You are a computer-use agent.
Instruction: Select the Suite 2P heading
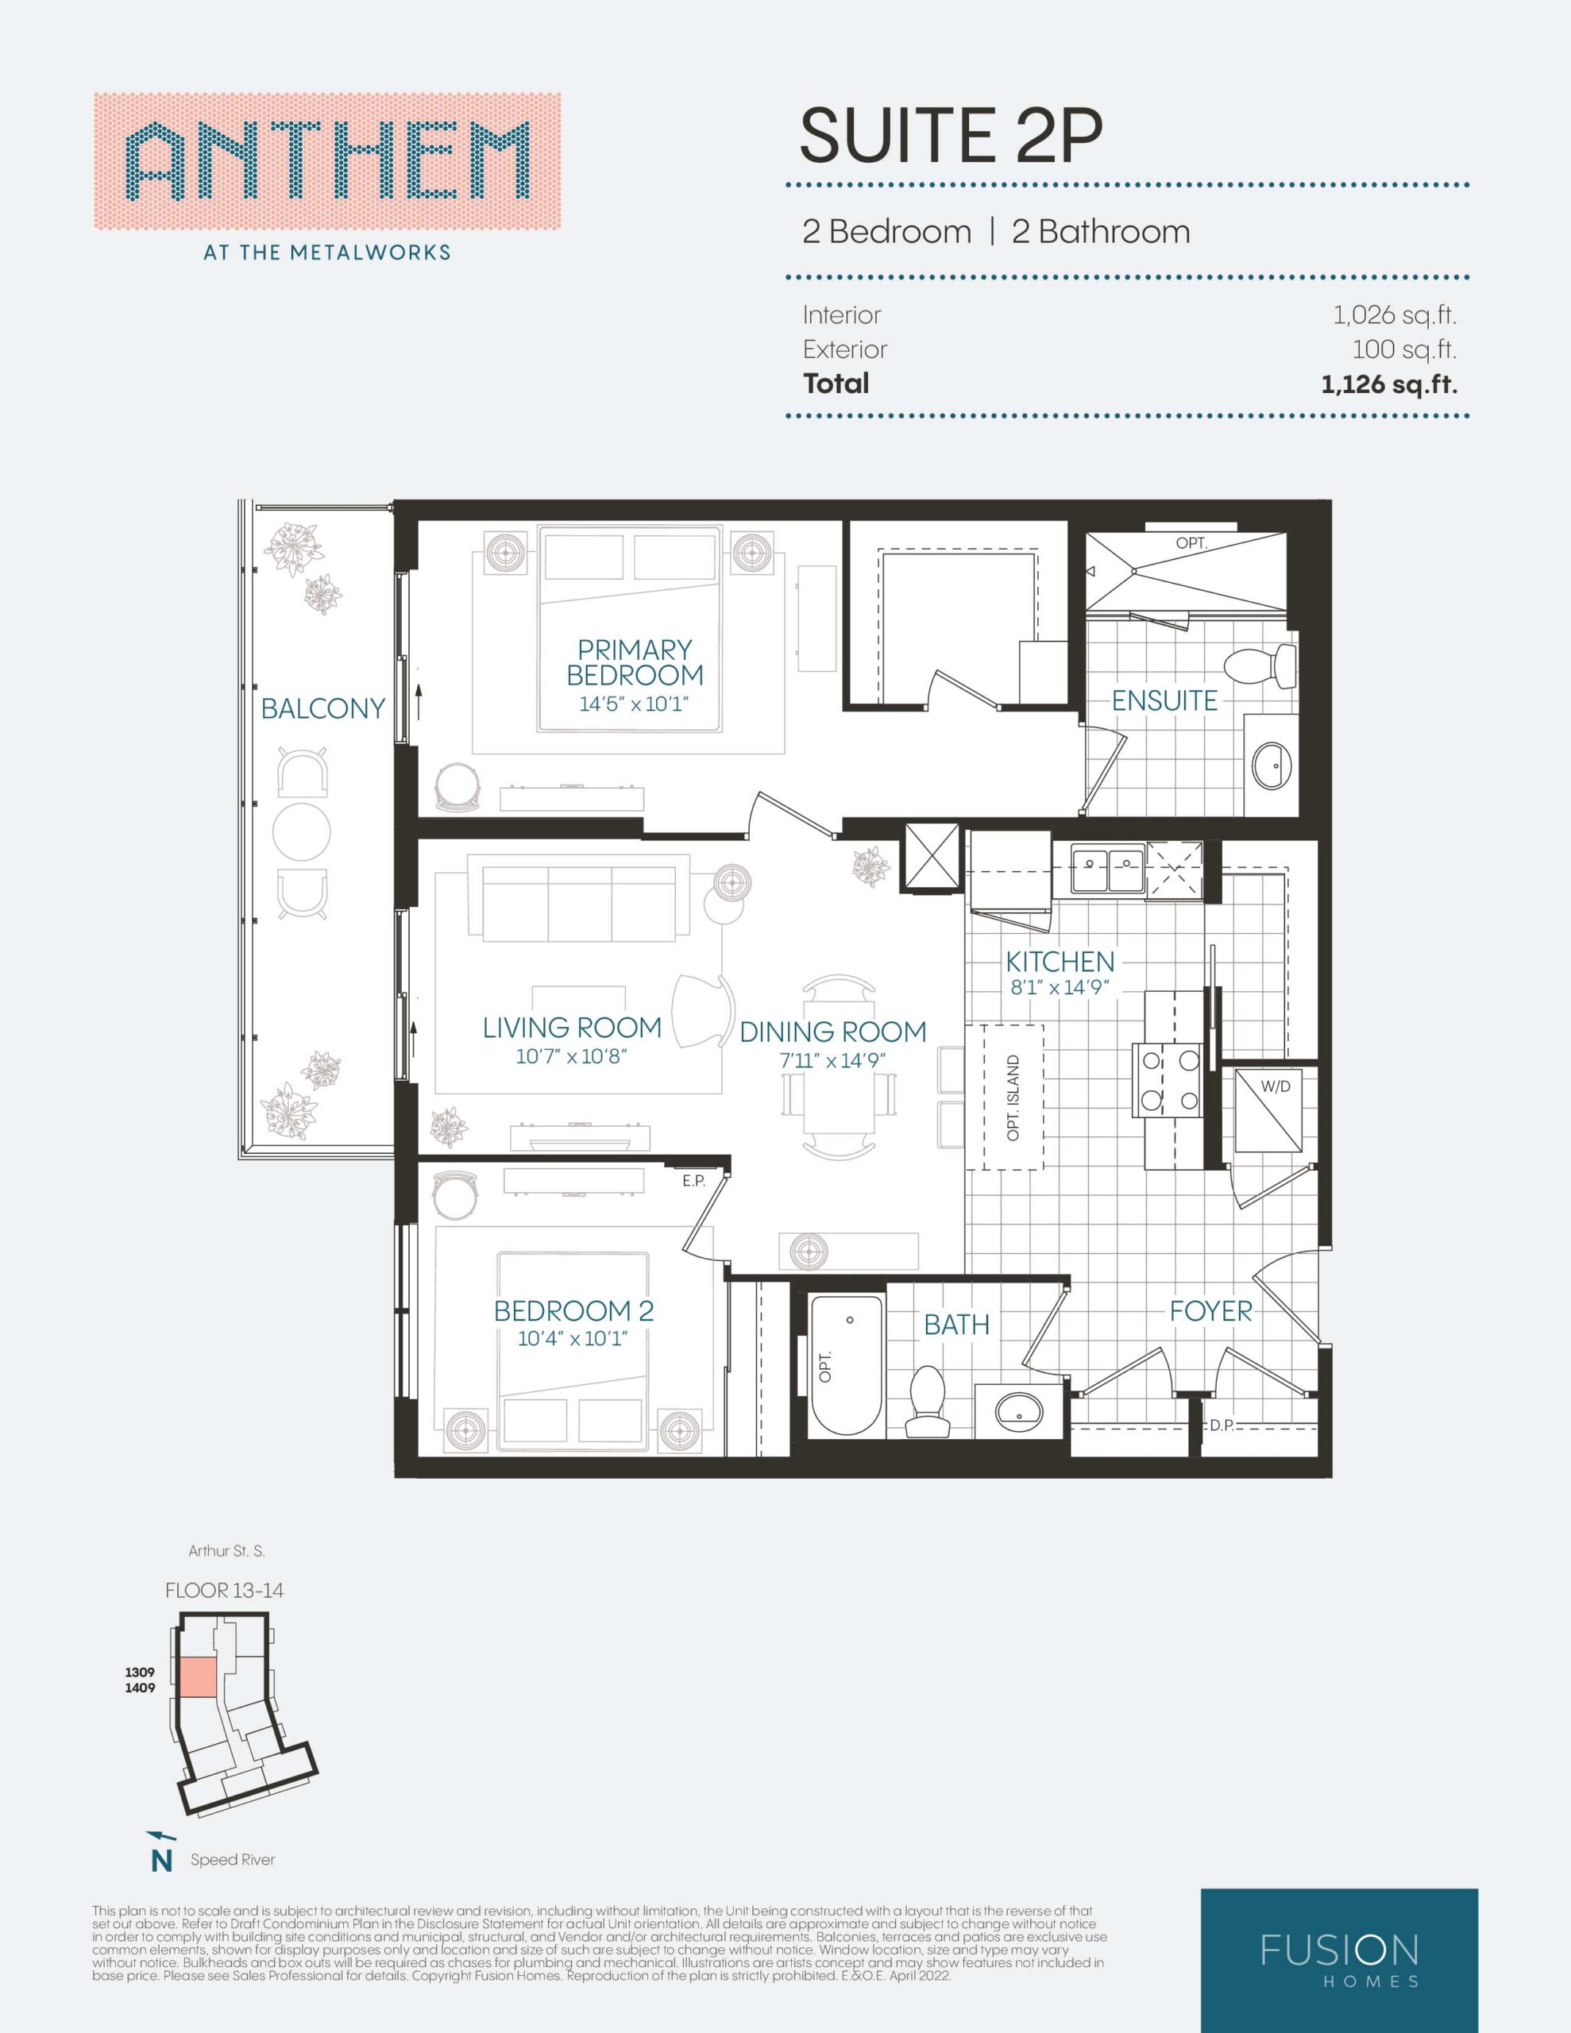click(x=951, y=136)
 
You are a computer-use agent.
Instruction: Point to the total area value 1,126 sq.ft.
click(x=1388, y=384)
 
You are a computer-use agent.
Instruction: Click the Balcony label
click(x=322, y=708)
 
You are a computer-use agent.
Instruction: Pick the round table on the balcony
click(x=302, y=831)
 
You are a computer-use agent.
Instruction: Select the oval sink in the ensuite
click(x=1271, y=767)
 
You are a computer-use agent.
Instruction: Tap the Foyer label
click(x=1210, y=1312)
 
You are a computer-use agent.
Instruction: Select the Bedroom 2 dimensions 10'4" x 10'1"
click(x=573, y=1340)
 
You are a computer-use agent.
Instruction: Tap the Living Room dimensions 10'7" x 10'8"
click(x=572, y=1056)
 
